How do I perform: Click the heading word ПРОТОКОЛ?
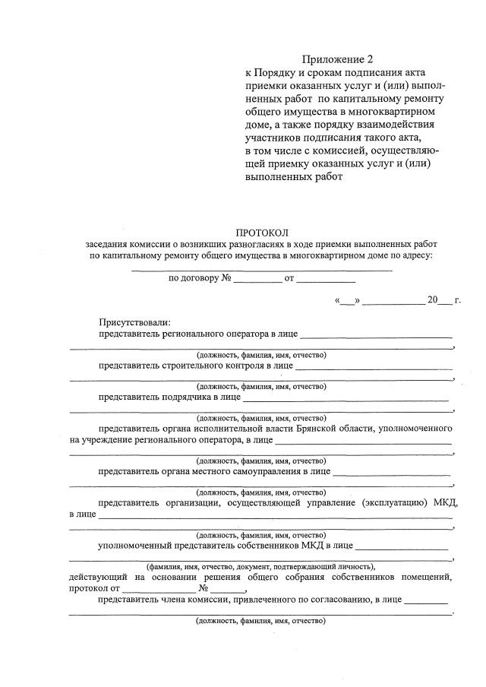pos(262,232)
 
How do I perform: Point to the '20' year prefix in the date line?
pos(433,300)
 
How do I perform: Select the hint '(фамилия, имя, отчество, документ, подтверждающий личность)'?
pos(261,566)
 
